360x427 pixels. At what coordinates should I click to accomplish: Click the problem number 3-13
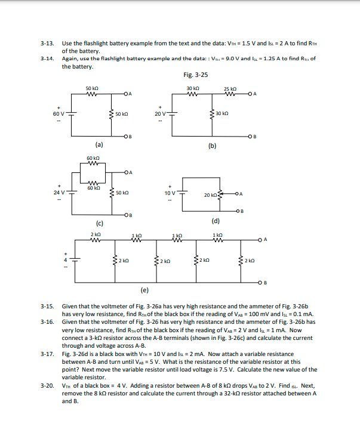(47, 44)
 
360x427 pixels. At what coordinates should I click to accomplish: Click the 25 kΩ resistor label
(230, 89)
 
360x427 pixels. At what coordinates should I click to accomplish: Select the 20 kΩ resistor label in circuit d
(210, 195)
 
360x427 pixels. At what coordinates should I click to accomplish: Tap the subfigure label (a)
(99, 144)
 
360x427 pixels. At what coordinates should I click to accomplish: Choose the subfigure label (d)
(216, 221)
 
